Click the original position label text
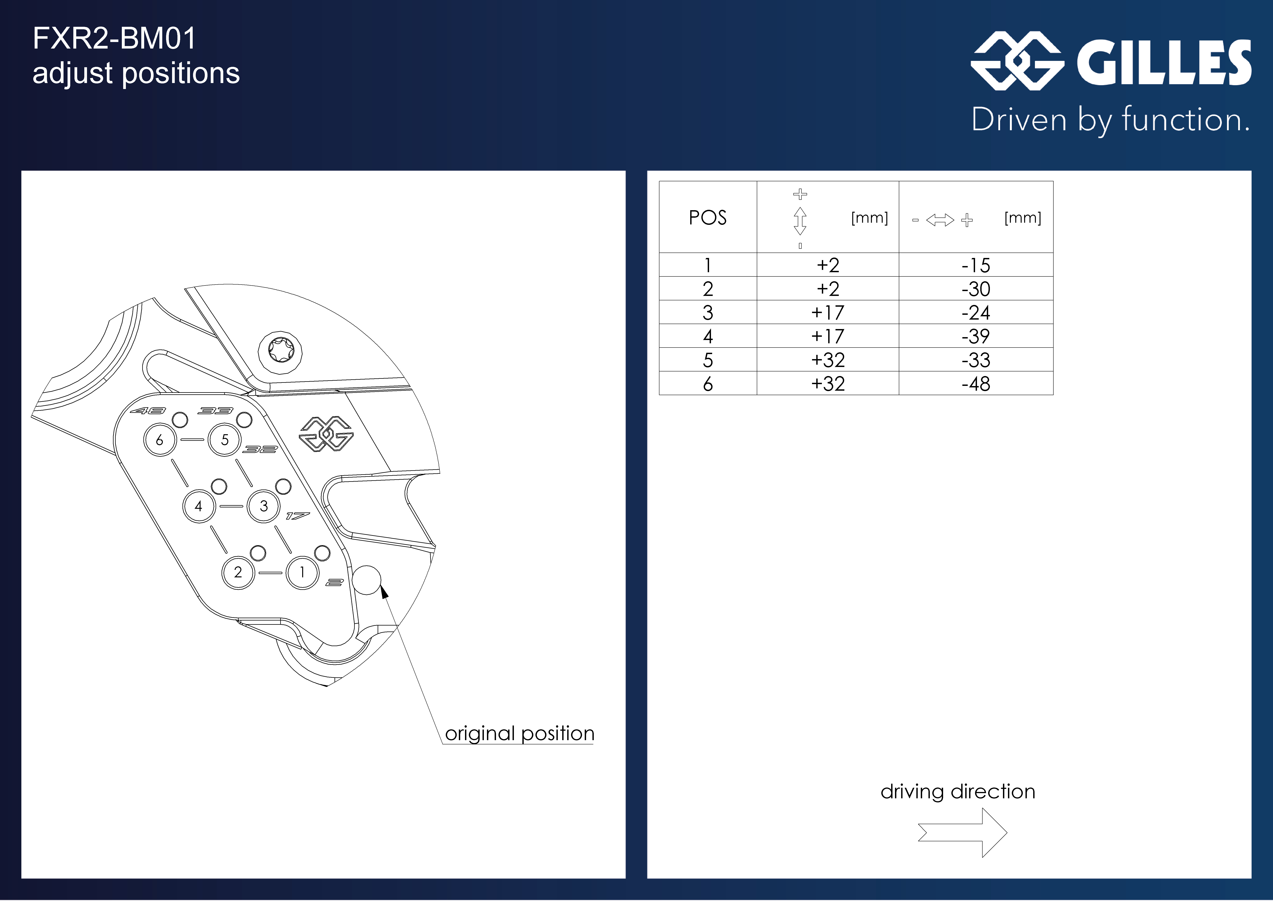pyautogui.click(x=519, y=733)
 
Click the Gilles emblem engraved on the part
pyautogui.click(x=326, y=433)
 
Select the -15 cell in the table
pyautogui.click(x=976, y=265)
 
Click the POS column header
pyautogui.click(x=708, y=217)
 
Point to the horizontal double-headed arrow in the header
pyautogui.click(x=940, y=220)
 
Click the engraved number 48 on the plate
pyautogui.click(x=147, y=411)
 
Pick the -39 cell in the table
pyautogui.click(x=976, y=336)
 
